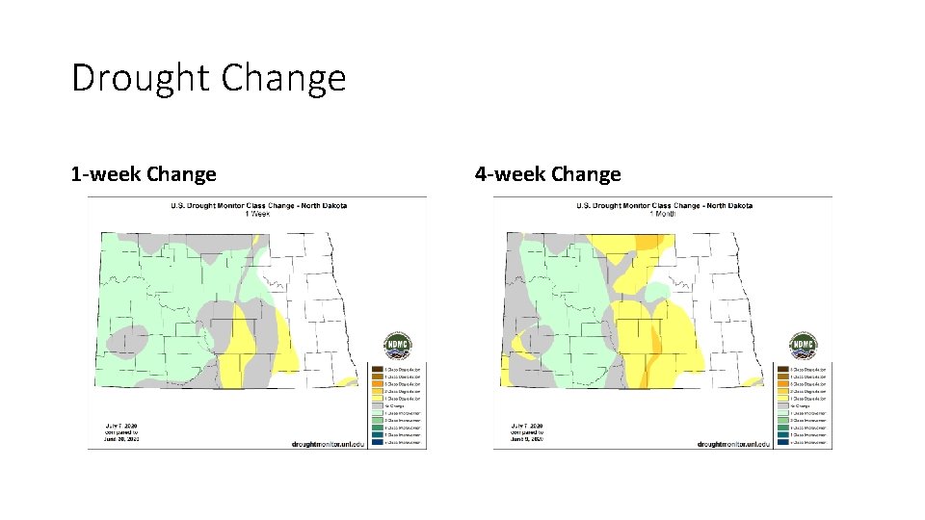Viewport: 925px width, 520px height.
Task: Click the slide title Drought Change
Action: coord(208,77)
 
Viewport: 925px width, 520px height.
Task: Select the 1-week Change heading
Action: coord(144,174)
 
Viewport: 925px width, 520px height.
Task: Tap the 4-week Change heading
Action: coord(547,174)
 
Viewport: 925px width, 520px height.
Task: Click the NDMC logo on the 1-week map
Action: coord(397,346)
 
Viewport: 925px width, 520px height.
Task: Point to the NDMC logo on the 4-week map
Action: coord(803,346)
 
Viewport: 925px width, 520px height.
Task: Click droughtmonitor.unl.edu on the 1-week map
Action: coord(329,443)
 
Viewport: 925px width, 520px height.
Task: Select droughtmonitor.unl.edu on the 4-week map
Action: coord(734,443)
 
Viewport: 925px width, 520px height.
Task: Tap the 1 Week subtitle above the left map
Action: coord(258,213)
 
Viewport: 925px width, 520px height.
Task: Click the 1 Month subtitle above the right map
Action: coord(664,213)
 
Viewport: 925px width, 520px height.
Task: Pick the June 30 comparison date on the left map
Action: coord(121,439)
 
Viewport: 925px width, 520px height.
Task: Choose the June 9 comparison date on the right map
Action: coord(526,439)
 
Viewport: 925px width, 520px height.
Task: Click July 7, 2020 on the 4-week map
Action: coord(526,426)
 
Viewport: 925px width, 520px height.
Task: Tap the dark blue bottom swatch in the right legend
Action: coord(782,443)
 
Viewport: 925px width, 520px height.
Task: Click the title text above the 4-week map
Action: coord(664,205)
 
